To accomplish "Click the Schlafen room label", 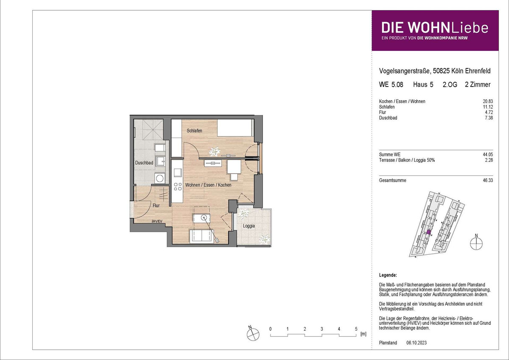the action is (194, 131).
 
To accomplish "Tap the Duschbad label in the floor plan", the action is (144, 163).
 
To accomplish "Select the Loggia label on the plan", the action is (249, 226).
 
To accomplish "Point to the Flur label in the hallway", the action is (156, 205).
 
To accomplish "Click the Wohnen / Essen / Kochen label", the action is (208, 185).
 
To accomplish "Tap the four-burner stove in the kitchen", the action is (178, 186).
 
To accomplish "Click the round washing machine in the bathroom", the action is (159, 178).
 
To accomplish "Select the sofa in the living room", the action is (202, 236).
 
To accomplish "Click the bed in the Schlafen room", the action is (235, 128).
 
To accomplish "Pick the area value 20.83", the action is (488, 101).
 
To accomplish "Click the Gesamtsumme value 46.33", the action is (488, 180).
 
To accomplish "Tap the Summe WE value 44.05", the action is (488, 155).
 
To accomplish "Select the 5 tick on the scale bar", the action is (356, 329).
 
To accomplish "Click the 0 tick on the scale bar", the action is (270, 329).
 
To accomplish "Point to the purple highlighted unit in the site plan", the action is (428, 232).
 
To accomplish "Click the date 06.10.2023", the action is (417, 343).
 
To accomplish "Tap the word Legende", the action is (388, 275).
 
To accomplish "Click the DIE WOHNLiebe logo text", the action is (435, 28).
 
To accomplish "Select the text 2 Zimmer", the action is (478, 84).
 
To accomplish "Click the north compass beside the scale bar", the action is (253, 334).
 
